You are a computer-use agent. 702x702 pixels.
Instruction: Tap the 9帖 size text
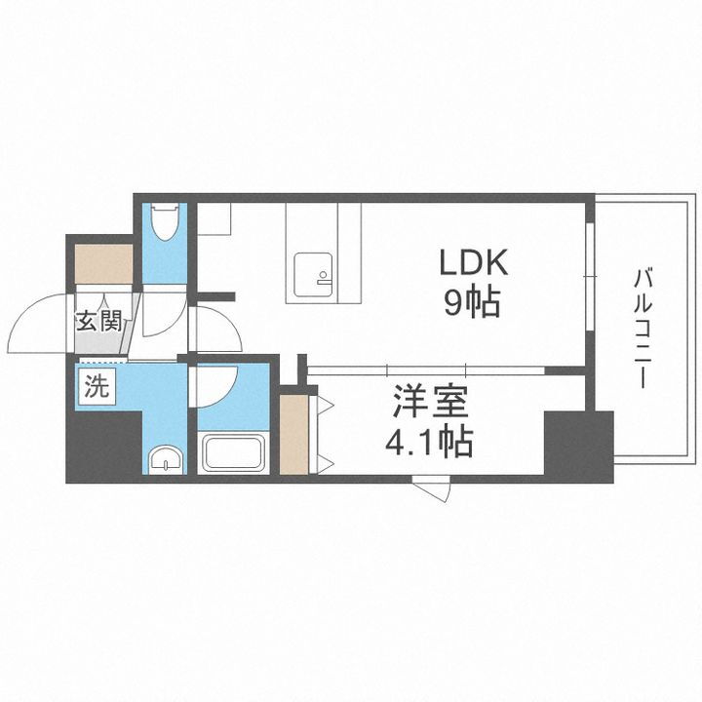click(x=475, y=304)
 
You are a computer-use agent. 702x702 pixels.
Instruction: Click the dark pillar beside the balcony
click(x=578, y=445)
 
